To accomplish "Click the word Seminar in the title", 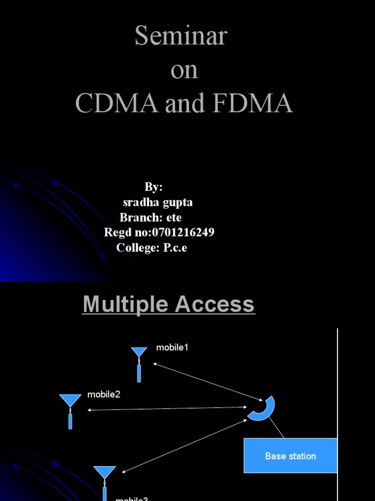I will coord(181,37).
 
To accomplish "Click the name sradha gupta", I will coord(158,203).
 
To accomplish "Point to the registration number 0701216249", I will coord(180,232).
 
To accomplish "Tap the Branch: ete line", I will coord(150,218).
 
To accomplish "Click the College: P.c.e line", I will coord(152,248).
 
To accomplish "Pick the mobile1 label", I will coord(172,347).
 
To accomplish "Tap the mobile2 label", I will coord(104,394).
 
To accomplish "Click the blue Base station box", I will coord(291,455).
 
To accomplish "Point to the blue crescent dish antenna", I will coord(263,409).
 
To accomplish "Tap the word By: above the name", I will coord(153,187).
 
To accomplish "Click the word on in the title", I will coord(184,70).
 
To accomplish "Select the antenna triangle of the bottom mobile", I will coord(104,472).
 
